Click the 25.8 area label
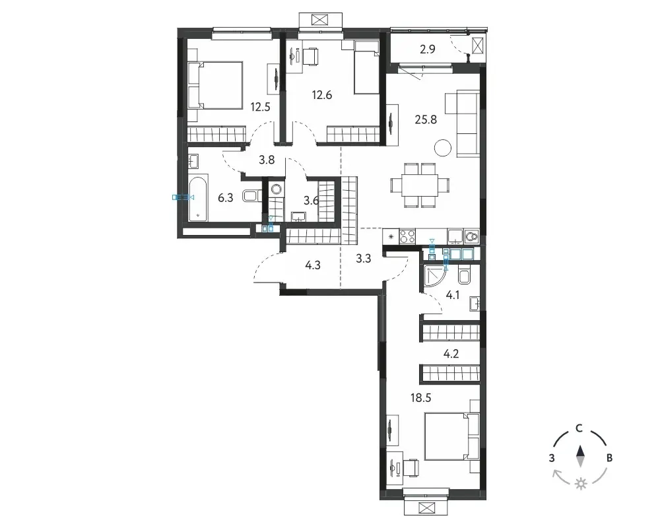[x=426, y=119]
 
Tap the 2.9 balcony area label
[x=427, y=49]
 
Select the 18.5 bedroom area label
[x=420, y=397]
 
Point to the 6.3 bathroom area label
[x=225, y=197]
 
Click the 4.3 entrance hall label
[x=313, y=265]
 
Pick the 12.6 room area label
[x=321, y=95]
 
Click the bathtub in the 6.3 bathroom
[x=197, y=198]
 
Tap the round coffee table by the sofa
[x=443, y=147]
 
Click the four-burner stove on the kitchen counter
[x=407, y=236]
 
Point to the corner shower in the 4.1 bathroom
[x=434, y=275]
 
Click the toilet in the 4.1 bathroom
[x=464, y=276]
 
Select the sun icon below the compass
[x=581, y=483]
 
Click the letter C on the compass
[x=579, y=428]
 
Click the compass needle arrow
[x=580, y=456]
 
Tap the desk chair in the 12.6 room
[x=311, y=57]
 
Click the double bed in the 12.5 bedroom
[x=215, y=86]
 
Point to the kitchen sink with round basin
[x=471, y=236]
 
